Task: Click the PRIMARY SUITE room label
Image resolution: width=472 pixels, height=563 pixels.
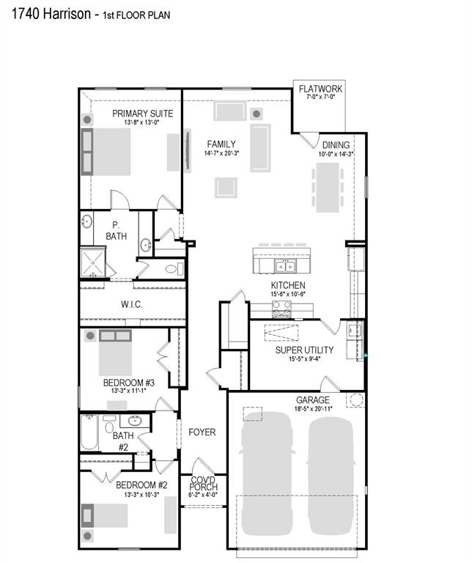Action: (x=142, y=114)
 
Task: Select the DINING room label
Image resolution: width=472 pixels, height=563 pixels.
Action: (x=336, y=145)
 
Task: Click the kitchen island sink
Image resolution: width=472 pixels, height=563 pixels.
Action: (x=284, y=265)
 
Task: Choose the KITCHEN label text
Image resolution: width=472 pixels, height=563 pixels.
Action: (x=288, y=285)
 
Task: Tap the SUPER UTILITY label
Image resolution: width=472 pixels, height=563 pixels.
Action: (x=304, y=350)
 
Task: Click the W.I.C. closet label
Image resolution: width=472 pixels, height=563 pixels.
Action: (x=131, y=304)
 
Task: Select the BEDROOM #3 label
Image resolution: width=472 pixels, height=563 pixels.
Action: (x=128, y=382)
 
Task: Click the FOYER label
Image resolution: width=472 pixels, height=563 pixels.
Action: (x=202, y=432)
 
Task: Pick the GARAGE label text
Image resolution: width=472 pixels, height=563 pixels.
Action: (x=313, y=400)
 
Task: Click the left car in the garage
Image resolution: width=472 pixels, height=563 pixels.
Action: (x=264, y=476)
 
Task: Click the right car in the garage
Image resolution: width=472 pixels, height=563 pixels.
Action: (x=331, y=476)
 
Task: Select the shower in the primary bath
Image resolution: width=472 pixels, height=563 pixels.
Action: (x=93, y=262)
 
